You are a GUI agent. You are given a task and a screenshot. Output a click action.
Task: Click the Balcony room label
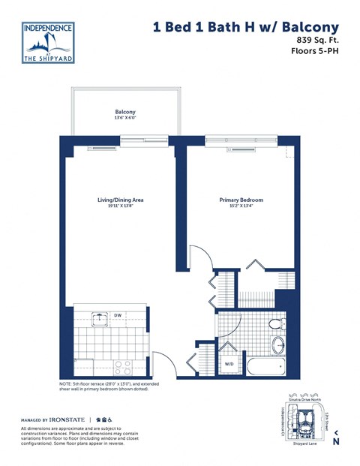coord(125,111)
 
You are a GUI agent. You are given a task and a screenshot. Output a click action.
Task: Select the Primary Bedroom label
coord(241,200)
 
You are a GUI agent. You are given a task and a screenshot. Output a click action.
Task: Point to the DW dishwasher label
coord(118,316)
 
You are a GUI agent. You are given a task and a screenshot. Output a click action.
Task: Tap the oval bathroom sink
coord(277,346)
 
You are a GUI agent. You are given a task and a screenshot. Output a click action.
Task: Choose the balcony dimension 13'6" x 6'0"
coord(125,118)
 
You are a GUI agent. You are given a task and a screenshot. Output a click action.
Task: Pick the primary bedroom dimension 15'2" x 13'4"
coord(241,207)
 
